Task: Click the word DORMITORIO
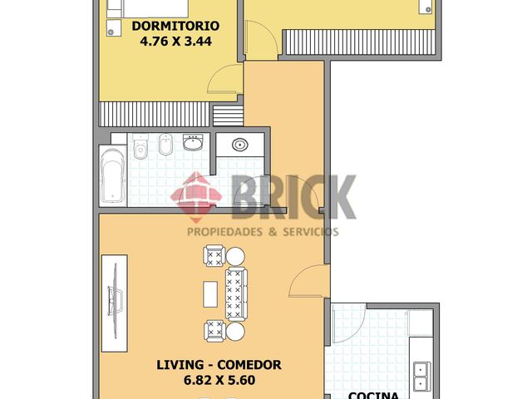click(175, 26)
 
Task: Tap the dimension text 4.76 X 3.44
click(175, 42)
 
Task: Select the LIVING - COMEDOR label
click(219, 365)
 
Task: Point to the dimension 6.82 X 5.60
click(219, 381)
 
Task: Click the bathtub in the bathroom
click(113, 176)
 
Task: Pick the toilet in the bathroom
click(140, 146)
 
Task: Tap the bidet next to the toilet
click(165, 145)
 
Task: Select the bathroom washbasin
click(193, 142)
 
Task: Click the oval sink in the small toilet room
click(240, 145)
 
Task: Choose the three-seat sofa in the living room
click(236, 294)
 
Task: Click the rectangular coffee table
click(210, 294)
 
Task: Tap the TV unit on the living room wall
click(115, 303)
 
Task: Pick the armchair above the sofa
click(214, 255)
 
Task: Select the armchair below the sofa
click(214, 331)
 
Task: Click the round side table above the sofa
click(235, 257)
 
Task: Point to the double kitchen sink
click(422, 377)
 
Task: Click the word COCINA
click(373, 396)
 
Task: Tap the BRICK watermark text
click(293, 197)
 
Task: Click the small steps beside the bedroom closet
click(228, 116)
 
